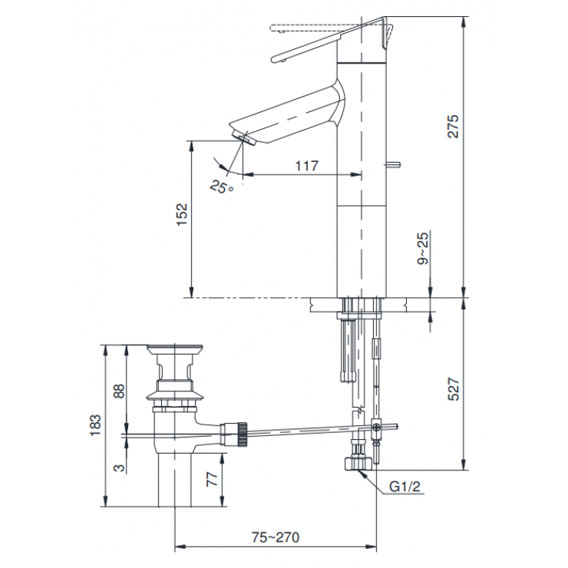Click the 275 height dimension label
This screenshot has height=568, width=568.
coord(454,127)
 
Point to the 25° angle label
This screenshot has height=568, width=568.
coord(222,186)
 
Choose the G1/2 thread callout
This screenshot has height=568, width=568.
coord(405,487)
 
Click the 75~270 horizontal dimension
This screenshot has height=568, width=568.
coord(265,537)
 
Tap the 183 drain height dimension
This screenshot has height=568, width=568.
coord(96,426)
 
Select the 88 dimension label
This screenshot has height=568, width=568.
coord(119,390)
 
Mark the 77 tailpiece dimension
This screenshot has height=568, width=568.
coord(213,480)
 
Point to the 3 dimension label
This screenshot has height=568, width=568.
coord(119,467)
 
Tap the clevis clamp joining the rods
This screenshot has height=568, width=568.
coord(375,427)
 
